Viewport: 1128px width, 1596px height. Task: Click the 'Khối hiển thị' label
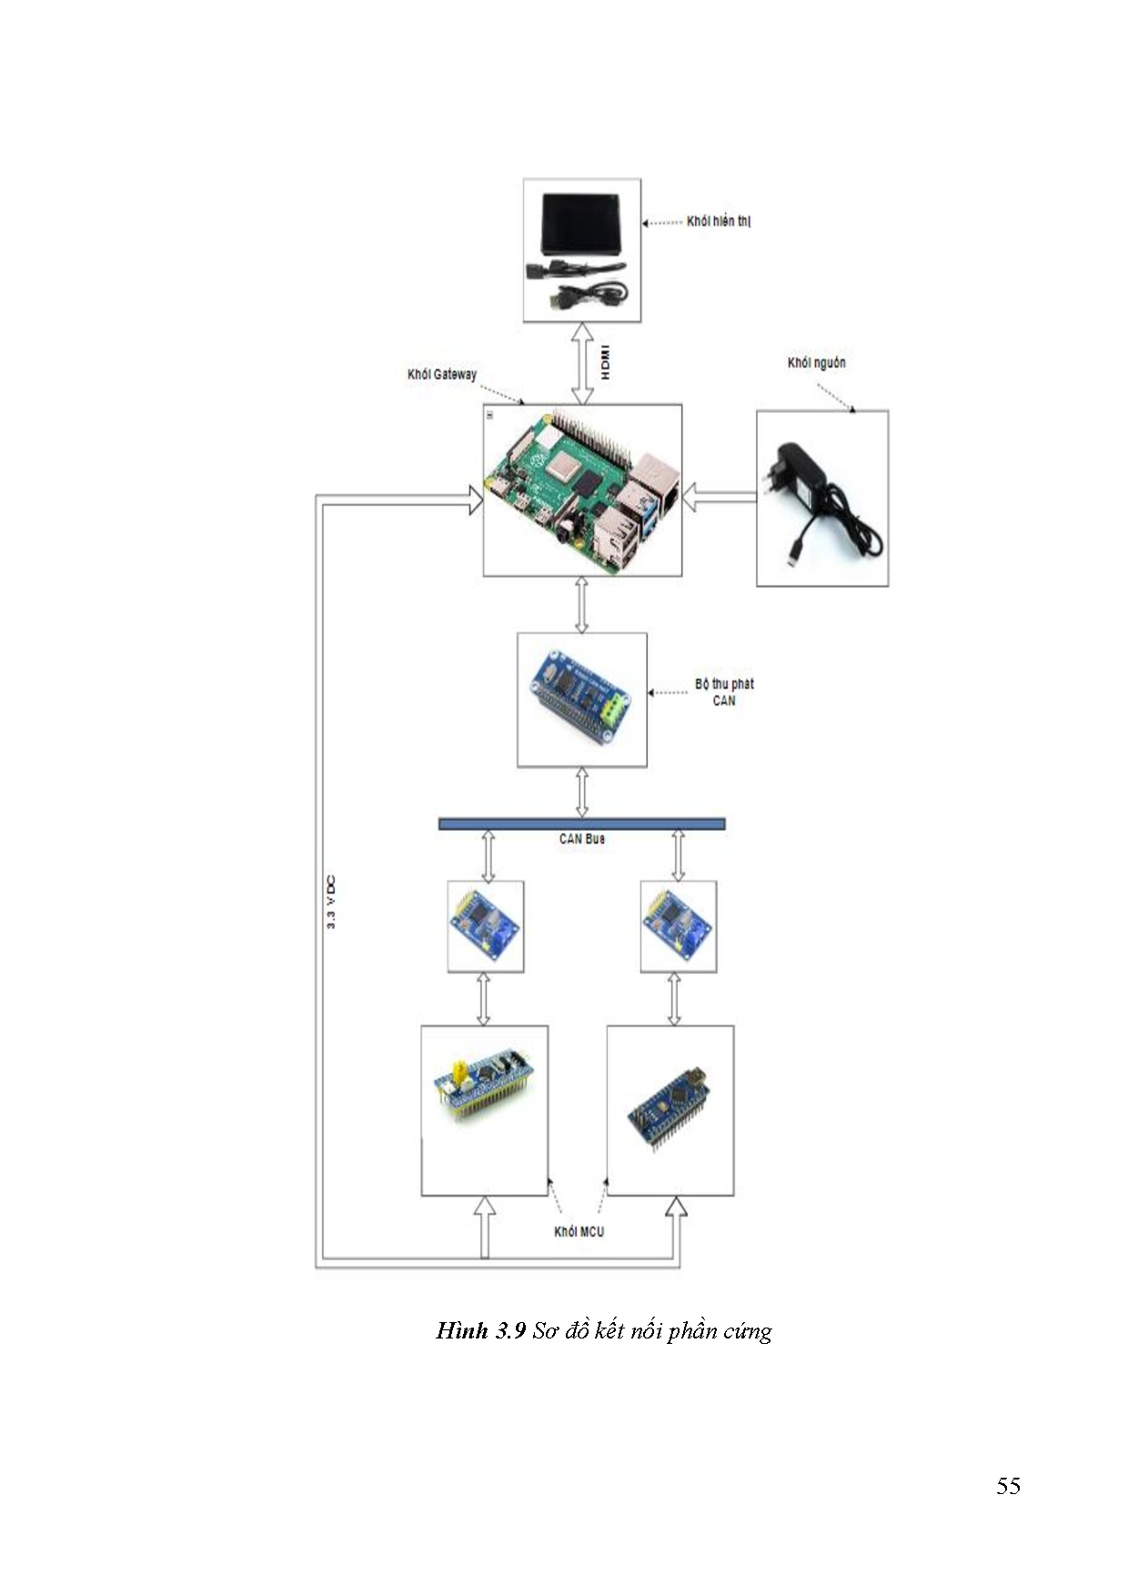718,221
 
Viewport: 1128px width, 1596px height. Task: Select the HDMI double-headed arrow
582,363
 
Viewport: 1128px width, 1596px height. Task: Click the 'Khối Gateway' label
441,374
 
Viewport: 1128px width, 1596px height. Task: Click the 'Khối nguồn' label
816,363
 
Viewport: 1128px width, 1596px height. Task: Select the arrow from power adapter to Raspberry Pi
719,497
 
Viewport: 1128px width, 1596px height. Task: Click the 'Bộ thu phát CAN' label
724,692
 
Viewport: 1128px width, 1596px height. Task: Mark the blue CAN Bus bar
581,824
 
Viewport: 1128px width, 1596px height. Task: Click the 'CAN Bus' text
581,839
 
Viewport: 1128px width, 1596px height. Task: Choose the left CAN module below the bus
486,925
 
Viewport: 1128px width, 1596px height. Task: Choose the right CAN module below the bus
678,925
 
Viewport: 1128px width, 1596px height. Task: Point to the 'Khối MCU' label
579,1231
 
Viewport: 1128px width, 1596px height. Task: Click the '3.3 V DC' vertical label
330,902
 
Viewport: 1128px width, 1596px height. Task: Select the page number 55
1007,1486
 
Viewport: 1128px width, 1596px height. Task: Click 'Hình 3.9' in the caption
480,1330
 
